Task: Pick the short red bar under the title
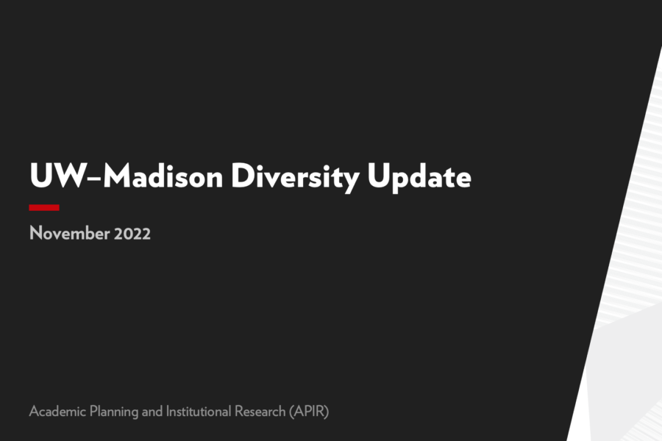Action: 44,208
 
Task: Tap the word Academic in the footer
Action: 54,411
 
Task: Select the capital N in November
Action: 35,234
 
